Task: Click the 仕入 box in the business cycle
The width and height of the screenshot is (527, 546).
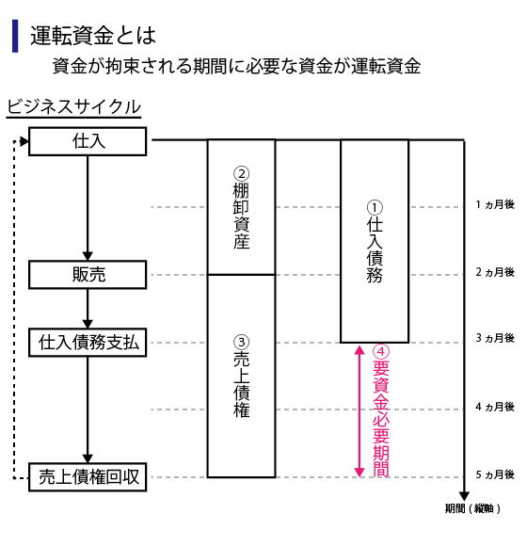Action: [88, 141]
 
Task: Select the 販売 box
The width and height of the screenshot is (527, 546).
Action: [88, 275]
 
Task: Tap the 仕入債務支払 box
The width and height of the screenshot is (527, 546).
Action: [88, 343]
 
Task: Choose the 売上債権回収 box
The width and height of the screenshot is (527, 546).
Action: [88, 477]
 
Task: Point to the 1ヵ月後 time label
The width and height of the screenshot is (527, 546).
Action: [495, 204]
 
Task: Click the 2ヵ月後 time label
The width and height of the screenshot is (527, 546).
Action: [495, 272]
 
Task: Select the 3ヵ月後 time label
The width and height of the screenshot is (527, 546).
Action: [495, 338]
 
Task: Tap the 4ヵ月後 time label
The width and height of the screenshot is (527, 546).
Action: [495, 407]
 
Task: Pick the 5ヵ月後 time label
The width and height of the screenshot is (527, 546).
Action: [495, 474]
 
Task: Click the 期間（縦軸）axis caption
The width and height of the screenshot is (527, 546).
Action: [472, 508]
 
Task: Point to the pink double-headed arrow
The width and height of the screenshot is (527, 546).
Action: [359, 410]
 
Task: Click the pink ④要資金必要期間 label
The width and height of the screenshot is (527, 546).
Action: [381, 410]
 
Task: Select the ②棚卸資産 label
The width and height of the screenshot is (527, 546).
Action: [241, 208]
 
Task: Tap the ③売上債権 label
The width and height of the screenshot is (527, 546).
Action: [241, 377]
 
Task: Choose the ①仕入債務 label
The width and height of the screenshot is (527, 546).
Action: [375, 241]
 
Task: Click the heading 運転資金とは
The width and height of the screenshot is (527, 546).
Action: [93, 36]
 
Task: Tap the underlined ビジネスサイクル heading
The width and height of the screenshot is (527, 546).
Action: [73, 107]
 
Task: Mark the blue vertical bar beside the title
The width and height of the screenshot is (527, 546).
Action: [15, 36]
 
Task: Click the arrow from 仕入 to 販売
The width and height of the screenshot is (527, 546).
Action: [88, 208]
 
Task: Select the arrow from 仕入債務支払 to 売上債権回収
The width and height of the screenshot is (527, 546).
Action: [88, 409]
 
